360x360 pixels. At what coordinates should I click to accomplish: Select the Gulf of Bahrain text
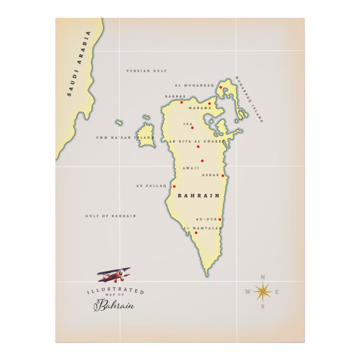pos(111,216)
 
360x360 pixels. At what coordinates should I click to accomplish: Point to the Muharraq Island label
pos(249,99)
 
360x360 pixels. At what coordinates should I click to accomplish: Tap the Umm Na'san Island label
pos(124,137)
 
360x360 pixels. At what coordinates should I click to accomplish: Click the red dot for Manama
pos(210,103)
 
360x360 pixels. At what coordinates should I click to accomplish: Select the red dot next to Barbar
pos(182,102)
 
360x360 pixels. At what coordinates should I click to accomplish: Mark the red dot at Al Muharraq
pos(221,87)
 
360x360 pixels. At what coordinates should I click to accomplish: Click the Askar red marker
pos(222,176)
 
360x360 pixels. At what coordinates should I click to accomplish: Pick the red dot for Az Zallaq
pos(174,187)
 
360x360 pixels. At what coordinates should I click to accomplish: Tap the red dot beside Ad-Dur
pos(220,219)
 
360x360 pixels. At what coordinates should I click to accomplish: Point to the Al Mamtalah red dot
pos(196,233)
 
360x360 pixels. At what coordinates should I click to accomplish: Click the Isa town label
pos(188,124)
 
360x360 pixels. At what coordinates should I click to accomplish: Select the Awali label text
pos(191,168)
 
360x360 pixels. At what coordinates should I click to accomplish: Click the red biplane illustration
pos(114,274)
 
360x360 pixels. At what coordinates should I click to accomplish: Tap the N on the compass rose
pos(263,277)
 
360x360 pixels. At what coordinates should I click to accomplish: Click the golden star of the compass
pos(263,291)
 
